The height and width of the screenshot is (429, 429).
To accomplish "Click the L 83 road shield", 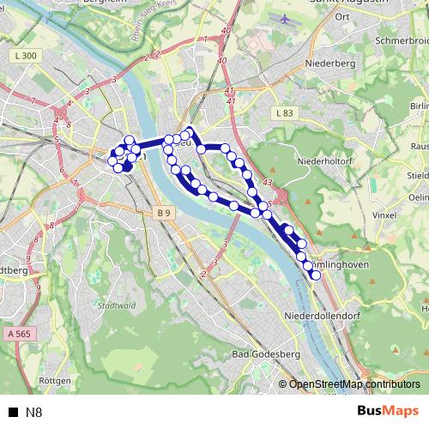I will pyautogui.click(x=284, y=112).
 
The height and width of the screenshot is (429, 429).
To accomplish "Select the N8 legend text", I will pyautogui.click(x=33, y=413).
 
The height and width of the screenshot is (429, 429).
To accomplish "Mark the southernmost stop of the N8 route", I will pyautogui.click(x=316, y=275).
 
